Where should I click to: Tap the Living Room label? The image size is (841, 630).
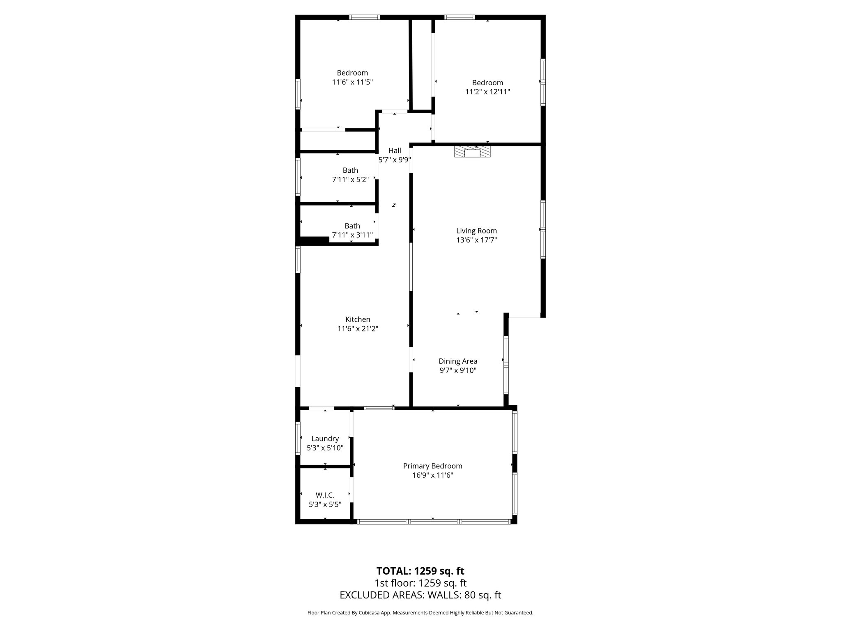pyautogui.click(x=476, y=231)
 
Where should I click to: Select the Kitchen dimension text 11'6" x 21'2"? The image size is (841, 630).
pyautogui.click(x=358, y=329)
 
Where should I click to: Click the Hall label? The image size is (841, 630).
pyautogui.click(x=395, y=151)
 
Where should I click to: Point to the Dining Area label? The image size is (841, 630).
pyautogui.click(x=458, y=361)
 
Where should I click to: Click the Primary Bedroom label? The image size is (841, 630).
pyautogui.click(x=432, y=466)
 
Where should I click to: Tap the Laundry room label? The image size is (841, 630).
pyautogui.click(x=325, y=439)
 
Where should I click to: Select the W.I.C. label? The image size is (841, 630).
pyautogui.click(x=325, y=495)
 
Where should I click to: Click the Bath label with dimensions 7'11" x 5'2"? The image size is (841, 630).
pyautogui.click(x=350, y=170)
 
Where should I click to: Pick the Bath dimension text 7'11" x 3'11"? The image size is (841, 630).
pyautogui.click(x=352, y=235)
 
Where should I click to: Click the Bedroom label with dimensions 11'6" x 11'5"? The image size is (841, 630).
pyautogui.click(x=352, y=73)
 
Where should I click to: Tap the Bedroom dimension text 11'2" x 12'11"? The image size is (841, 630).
pyautogui.click(x=487, y=92)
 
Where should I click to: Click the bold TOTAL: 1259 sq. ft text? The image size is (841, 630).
pyautogui.click(x=420, y=571)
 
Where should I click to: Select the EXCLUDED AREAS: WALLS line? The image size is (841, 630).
pyautogui.click(x=420, y=595)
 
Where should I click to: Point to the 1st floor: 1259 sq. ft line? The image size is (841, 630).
pyautogui.click(x=420, y=583)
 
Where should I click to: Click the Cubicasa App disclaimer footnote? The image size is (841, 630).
pyautogui.click(x=420, y=613)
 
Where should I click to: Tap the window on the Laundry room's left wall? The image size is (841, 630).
pyautogui.click(x=298, y=439)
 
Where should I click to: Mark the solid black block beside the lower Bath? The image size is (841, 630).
pyautogui.click(x=315, y=241)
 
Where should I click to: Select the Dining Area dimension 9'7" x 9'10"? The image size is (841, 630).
pyautogui.click(x=458, y=370)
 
